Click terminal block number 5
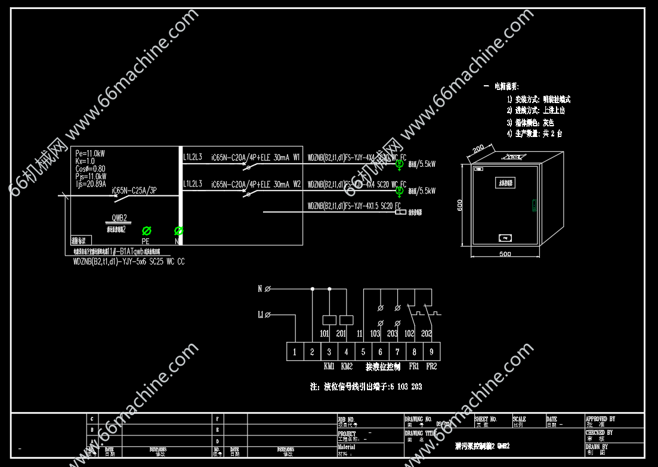pos(363,352)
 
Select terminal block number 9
pos(432,352)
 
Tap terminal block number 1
pos(295,352)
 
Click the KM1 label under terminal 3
pos(329,366)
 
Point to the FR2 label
pos(431,366)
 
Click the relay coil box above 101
pos(328,319)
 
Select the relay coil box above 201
pos(345,319)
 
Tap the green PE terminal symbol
pos(146,231)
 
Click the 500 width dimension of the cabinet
pos(505,254)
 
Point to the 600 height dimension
pos(460,204)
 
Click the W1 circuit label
pos(296,158)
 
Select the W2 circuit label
pos(296,184)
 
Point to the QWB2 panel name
pos(119,217)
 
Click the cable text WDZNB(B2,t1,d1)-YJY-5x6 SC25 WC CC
pos(129,261)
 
